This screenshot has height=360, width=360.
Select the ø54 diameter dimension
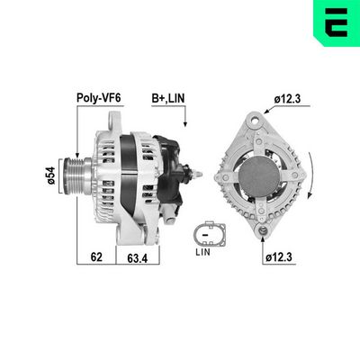(51, 173)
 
